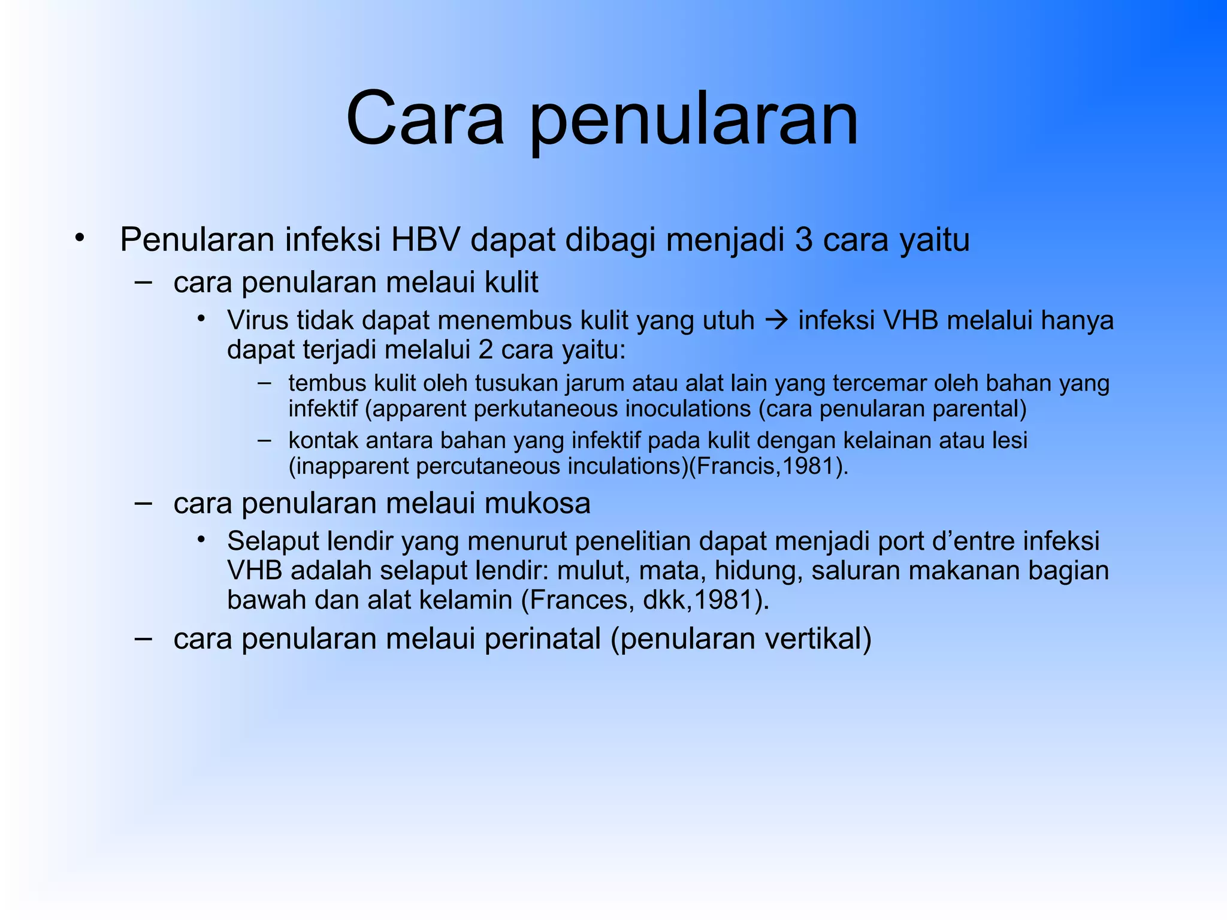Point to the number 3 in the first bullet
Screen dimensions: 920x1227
point(804,240)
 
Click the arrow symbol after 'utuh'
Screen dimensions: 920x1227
point(776,321)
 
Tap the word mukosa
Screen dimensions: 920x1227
point(537,503)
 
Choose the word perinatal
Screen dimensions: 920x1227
point(542,639)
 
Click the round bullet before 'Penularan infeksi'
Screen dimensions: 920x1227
point(80,238)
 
